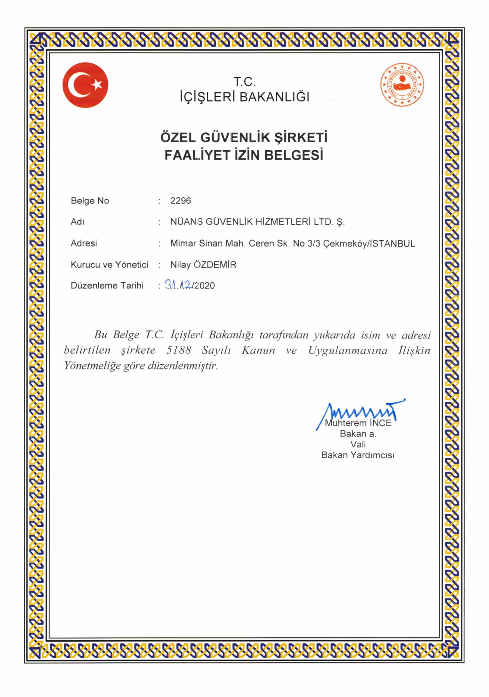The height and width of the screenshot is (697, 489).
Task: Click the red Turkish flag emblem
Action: (x=85, y=85)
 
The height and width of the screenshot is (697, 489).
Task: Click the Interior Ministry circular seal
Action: (x=402, y=85)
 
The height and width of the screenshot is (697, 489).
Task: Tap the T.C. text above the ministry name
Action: (x=244, y=82)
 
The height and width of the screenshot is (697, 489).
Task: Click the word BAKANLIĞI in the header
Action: (x=274, y=97)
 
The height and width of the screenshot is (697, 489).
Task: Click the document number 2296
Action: (x=181, y=201)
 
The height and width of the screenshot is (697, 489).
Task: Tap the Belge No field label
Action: (x=90, y=201)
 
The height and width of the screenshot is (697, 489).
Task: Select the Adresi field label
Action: (x=84, y=243)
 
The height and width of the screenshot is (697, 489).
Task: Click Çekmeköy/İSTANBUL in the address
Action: (x=369, y=243)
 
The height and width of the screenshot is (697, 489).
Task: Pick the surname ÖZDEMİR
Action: (x=215, y=264)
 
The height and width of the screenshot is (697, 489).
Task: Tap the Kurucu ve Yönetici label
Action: (x=109, y=264)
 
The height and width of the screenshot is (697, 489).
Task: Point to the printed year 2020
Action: (x=205, y=285)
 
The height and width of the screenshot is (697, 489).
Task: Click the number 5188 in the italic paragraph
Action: (x=178, y=350)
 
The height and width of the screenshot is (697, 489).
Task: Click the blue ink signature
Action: (x=362, y=412)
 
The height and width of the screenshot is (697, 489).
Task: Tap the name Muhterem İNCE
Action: (x=358, y=423)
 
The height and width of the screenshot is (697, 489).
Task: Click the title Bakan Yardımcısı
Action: (x=358, y=455)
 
